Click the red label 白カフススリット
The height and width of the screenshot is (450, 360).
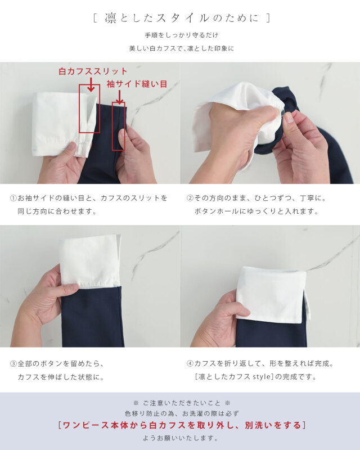pos(93,71)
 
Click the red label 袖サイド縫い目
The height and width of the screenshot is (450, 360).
pos(137,84)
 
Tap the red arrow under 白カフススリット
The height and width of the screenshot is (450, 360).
pos(91,85)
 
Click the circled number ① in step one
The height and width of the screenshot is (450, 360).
pos(13,198)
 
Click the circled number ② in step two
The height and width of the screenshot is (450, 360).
pos(190,198)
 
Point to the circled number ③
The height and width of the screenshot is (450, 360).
pos(13,364)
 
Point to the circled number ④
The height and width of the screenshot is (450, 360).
pos(190,364)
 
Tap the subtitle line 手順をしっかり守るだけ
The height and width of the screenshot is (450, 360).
pos(181,35)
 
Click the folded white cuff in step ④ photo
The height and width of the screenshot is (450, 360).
pos(271,295)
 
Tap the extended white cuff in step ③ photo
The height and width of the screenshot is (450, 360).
pos(90,260)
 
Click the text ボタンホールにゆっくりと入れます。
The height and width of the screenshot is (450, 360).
pos(256,211)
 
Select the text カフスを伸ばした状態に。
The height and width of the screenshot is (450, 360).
pos(61,377)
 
